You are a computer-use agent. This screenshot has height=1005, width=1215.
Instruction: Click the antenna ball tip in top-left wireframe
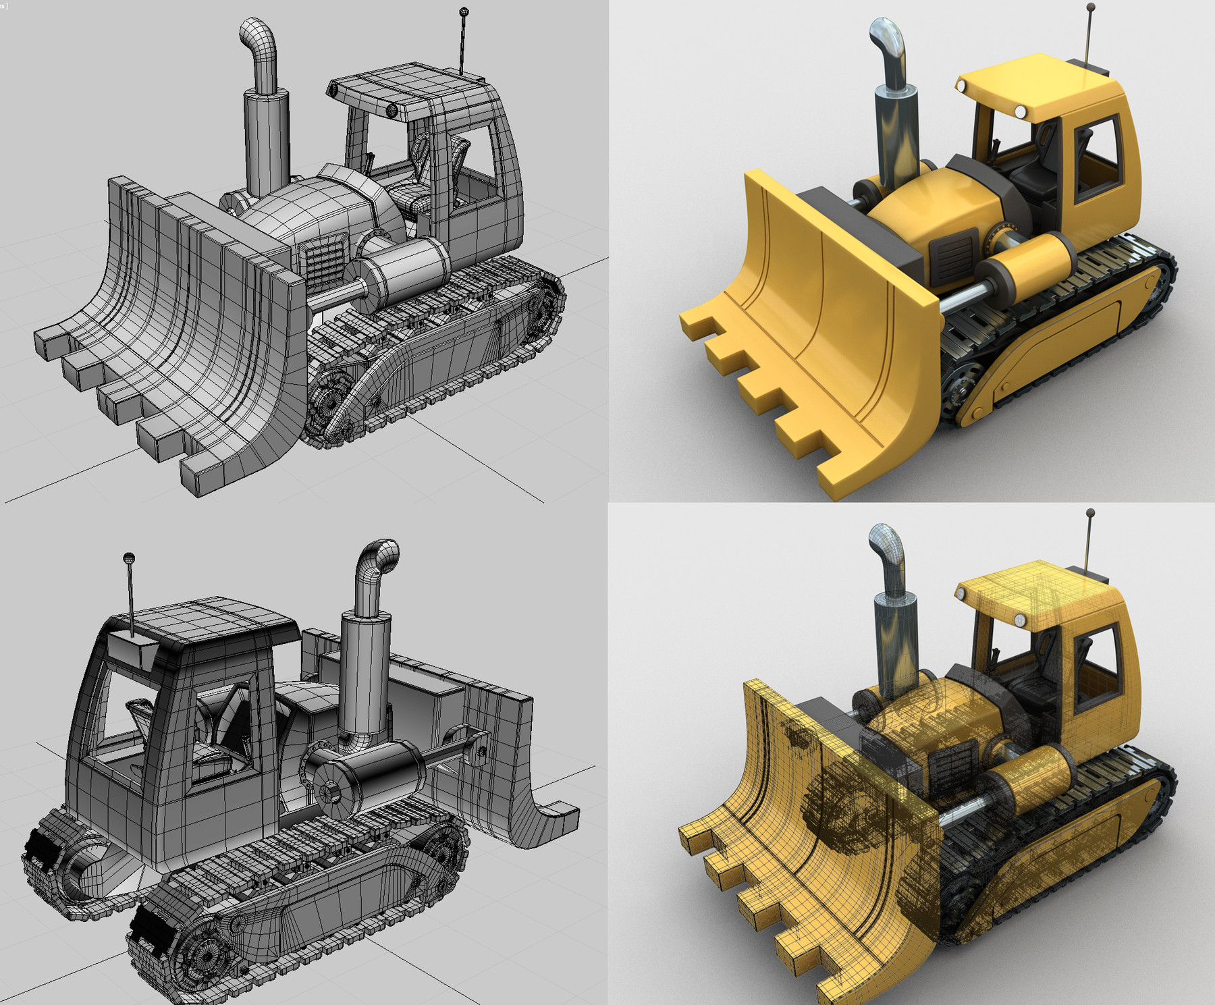pyautogui.click(x=464, y=11)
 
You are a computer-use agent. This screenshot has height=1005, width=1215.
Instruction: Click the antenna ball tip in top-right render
pyautogui.click(x=1090, y=8)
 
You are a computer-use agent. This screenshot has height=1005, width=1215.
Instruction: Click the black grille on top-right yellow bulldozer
pyautogui.click(x=953, y=255)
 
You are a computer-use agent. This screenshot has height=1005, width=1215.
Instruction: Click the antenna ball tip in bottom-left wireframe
pyautogui.click(x=129, y=558)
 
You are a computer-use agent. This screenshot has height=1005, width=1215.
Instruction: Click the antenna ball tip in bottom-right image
pyautogui.click(x=1090, y=514)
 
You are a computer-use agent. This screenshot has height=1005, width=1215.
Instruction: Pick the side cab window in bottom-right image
pyautogui.click(x=1096, y=665)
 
